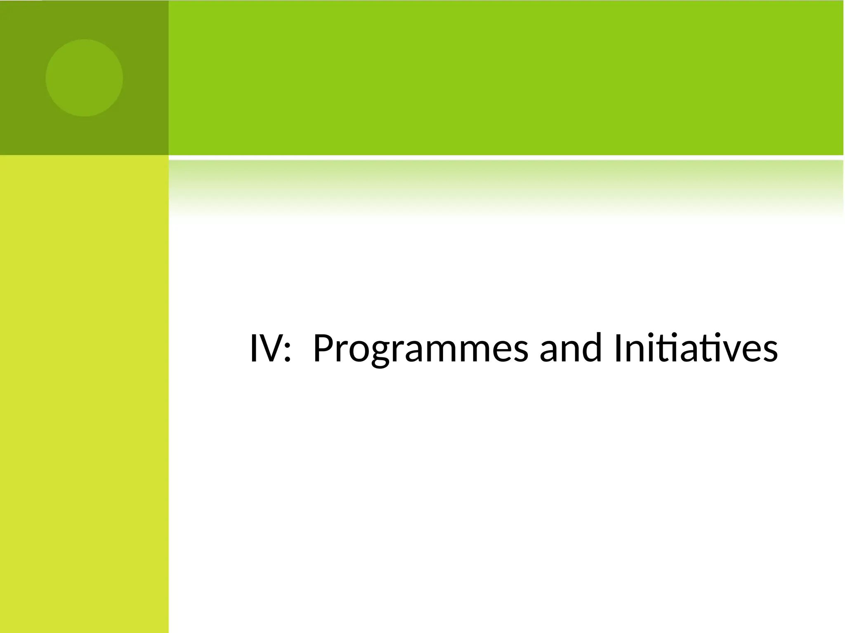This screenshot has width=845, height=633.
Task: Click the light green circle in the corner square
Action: click(x=84, y=78)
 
